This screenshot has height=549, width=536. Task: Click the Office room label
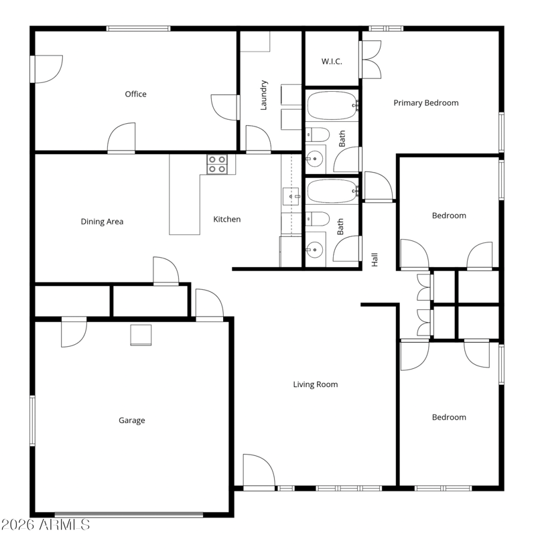tap(135, 94)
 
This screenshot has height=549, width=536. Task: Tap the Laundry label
tap(264, 95)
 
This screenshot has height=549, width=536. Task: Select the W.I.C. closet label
tap(332, 62)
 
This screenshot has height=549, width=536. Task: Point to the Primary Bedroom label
tap(426, 102)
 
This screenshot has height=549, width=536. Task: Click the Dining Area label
tap(102, 222)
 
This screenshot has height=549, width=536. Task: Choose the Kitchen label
tap(227, 219)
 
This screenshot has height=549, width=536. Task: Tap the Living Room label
tap(316, 384)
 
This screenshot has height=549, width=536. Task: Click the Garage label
tap(132, 420)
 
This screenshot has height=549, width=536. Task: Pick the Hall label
tap(375, 260)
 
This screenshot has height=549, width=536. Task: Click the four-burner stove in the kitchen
tap(217, 165)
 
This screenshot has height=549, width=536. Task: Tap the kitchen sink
tap(291, 196)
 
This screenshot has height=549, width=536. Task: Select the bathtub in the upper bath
tap(332, 106)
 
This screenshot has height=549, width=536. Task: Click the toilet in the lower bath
tap(318, 219)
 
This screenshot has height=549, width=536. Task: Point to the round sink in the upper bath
tap(315, 159)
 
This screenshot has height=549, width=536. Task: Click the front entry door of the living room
tap(259, 471)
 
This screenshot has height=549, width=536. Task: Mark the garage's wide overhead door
tap(129, 515)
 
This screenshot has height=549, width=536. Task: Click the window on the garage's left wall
tap(33, 420)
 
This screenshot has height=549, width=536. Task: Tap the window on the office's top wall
tap(139, 28)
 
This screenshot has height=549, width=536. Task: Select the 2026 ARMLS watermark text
tap(46, 524)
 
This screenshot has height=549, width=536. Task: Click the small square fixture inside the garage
tap(141, 335)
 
